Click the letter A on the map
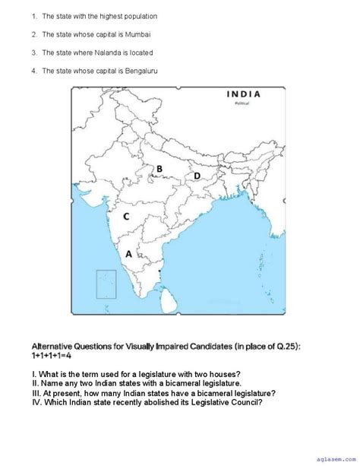(x=128, y=254)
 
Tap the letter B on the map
(x=159, y=169)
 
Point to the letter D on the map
(x=197, y=176)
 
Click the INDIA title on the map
(x=243, y=94)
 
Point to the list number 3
(x=34, y=52)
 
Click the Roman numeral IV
(x=36, y=402)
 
